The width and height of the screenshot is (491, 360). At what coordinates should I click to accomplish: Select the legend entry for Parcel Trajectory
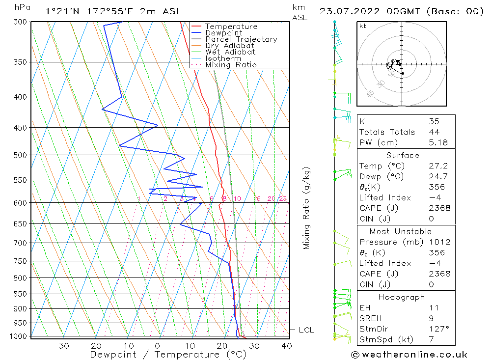click(x=241, y=39)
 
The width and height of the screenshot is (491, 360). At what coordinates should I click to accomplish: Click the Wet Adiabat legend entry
click(x=230, y=52)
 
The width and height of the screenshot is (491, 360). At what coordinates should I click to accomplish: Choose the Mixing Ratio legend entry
click(x=231, y=65)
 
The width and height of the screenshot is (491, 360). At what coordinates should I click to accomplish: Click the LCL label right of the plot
click(x=306, y=330)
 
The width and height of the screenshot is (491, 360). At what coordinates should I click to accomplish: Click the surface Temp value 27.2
click(x=437, y=166)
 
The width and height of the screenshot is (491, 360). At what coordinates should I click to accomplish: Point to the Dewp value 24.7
click(x=437, y=176)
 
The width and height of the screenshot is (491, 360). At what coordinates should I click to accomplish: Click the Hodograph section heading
click(x=402, y=297)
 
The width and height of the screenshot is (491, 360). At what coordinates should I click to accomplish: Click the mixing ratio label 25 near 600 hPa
click(x=283, y=198)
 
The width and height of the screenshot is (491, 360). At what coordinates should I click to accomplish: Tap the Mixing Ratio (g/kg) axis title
click(x=306, y=208)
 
